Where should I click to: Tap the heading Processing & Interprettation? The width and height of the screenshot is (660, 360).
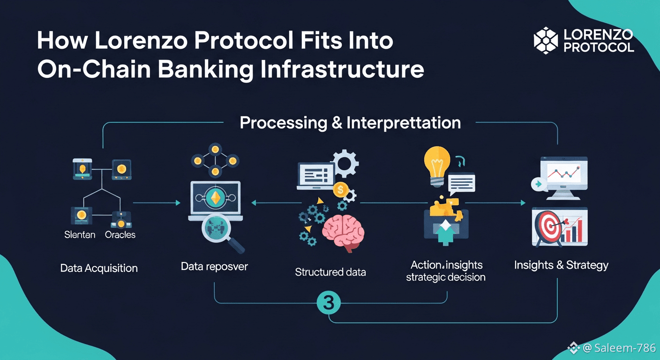pos(350,123)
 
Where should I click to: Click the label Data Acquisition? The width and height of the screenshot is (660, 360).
pos(99,269)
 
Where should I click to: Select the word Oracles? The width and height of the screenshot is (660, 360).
pos(120,234)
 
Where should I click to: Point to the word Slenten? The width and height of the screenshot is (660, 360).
pos(80,234)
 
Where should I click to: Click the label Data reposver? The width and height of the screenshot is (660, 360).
pos(214,267)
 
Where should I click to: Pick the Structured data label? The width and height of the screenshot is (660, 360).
pos(330,272)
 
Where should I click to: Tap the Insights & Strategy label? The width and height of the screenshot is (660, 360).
pos(561,265)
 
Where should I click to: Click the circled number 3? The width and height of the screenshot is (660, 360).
pos(329,303)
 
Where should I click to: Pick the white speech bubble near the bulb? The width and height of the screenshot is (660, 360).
pos(461,183)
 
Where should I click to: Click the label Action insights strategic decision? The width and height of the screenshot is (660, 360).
pos(445,271)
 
